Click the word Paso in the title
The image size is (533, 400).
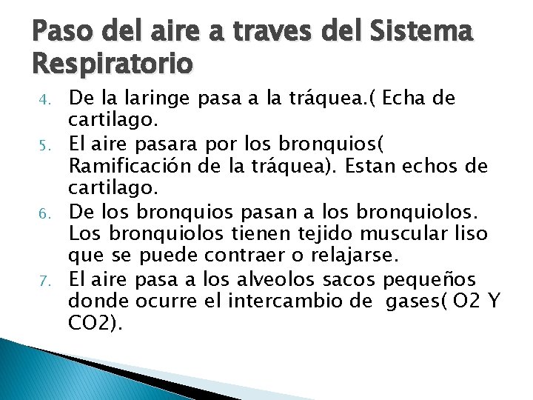click(58, 33)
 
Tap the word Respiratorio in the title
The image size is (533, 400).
click(112, 65)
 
